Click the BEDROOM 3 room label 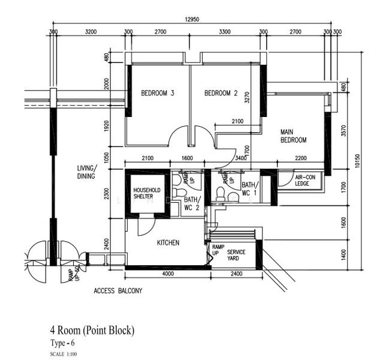tap(158, 93)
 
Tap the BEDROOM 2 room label tap(221, 93)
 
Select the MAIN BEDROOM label tap(293, 136)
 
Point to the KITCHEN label tap(168, 242)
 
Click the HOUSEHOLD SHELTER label tap(147, 193)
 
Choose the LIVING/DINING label tap(87, 172)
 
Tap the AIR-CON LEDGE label tap(305, 180)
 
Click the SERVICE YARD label tap(236, 255)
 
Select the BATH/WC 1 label tap(249, 189)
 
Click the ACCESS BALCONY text tap(118, 291)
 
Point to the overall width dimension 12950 tap(192, 20)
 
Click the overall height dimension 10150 tap(357, 161)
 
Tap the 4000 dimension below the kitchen tap(168, 274)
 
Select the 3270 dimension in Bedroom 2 tap(247, 97)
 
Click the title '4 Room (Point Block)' tap(92, 331)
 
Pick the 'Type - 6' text tap(62, 343)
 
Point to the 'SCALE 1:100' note tap(64, 354)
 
